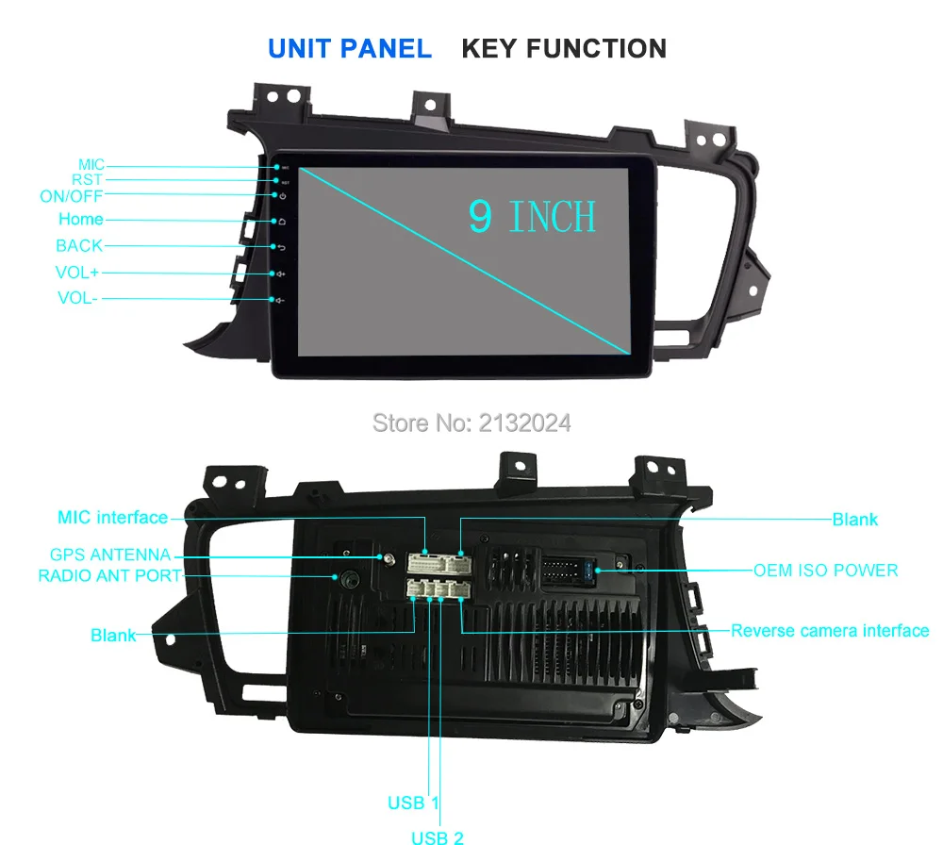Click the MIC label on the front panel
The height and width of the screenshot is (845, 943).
(x=91, y=165)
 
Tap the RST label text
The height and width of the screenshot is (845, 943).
(x=87, y=180)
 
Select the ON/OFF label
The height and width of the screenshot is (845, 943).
(x=71, y=197)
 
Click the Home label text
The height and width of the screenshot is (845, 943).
(x=80, y=220)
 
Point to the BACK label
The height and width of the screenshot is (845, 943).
(x=79, y=246)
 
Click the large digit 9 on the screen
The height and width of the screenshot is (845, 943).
(x=481, y=216)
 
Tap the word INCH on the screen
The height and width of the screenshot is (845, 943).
(x=553, y=217)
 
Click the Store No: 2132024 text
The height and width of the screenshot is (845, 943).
(x=471, y=423)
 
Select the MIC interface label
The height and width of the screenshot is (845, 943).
(x=112, y=517)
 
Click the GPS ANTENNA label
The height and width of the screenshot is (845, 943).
(x=110, y=555)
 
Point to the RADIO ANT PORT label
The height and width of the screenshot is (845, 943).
(x=108, y=575)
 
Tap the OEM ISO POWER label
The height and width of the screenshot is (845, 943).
(x=825, y=570)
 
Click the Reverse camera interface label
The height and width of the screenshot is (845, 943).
(x=830, y=630)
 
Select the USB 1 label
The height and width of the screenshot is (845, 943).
(x=413, y=804)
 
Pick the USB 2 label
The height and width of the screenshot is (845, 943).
(x=437, y=836)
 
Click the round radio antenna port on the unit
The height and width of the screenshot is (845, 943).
(x=348, y=578)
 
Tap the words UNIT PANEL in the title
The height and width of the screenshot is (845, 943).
(x=350, y=48)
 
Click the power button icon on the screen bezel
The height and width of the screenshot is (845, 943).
(x=282, y=195)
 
